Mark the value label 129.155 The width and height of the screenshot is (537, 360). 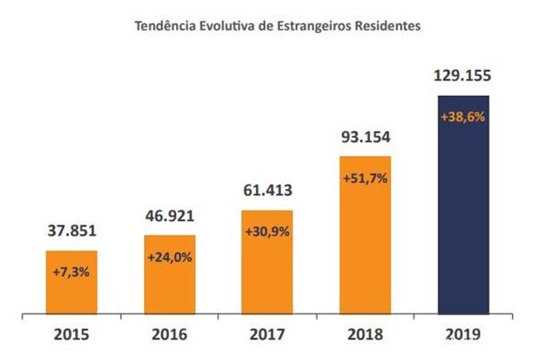tap(463, 77)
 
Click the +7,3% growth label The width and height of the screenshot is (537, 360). tap(72, 271)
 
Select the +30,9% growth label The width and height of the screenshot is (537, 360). tap(267, 232)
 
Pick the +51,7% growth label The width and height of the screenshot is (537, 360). tap(364, 179)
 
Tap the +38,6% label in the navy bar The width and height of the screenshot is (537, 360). tap(463, 117)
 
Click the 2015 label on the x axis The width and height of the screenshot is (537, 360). tap(72, 335)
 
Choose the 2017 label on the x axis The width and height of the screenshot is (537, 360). tap(267, 335)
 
